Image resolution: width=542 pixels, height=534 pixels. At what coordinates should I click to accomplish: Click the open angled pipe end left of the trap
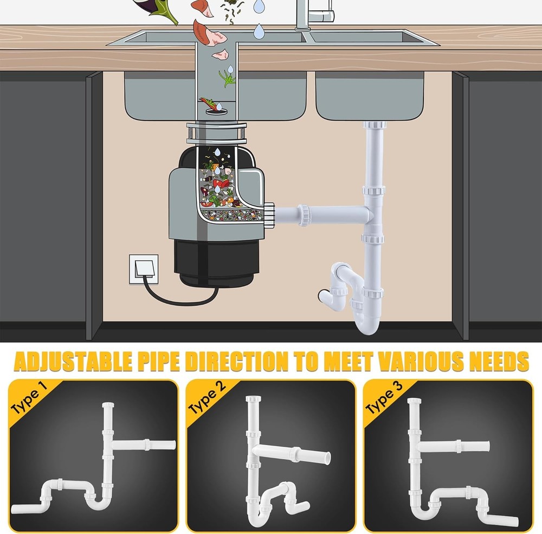pos(324,296)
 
